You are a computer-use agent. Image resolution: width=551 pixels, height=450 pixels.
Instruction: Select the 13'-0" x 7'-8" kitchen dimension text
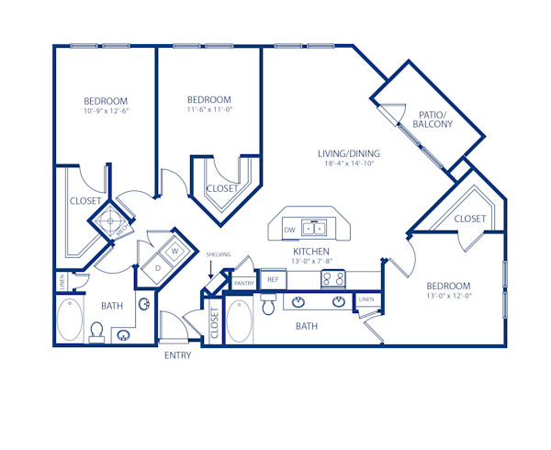click(311, 261)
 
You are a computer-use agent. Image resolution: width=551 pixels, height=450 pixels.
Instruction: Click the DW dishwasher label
click(289, 229)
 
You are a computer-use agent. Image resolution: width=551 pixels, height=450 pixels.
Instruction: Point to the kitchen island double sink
click(315, 228)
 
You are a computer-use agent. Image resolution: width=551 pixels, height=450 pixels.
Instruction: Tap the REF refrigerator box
click(273, 279)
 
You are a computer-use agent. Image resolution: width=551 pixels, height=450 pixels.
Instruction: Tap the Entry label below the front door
click(177, 355)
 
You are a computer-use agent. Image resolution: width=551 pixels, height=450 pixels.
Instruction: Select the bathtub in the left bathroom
click(67, 323)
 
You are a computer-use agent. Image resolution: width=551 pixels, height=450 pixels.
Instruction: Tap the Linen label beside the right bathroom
click(366, 300)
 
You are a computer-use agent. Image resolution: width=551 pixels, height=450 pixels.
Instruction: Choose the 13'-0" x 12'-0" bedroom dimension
click(448, 297)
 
